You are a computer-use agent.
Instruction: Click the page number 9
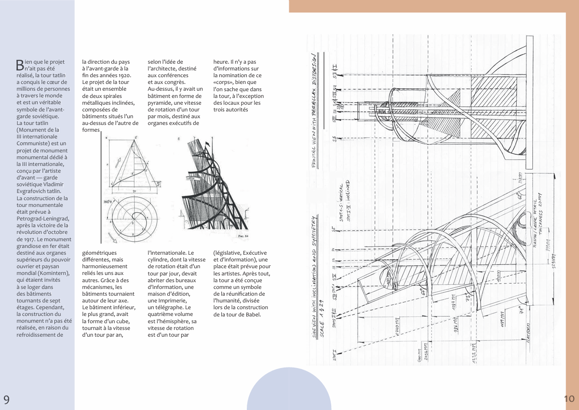pos(6,399)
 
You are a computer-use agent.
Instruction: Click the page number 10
pos(569,398)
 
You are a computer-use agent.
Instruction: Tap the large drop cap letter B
pos(20,65)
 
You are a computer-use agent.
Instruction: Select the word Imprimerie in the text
pos(169,301)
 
